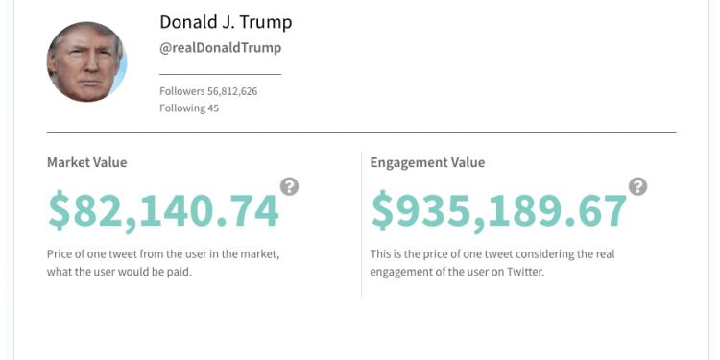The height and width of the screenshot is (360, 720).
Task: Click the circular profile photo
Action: [86, 61]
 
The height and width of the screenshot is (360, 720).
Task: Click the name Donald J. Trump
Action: [226, 21]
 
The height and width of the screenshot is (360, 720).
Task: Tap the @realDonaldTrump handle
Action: [220, 48]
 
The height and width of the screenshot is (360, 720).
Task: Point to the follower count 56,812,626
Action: [232, 91]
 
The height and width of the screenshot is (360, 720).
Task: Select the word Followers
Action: [182, 91]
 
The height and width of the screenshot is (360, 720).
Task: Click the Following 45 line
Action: [189, 108]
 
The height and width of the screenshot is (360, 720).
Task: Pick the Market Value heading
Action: [86, 162]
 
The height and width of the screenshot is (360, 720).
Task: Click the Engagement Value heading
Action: [427, 162]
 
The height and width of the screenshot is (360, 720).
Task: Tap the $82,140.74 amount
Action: [163, 211]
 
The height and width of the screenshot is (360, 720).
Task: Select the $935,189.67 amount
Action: [498, 211]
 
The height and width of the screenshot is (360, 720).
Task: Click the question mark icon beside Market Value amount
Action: [289, 186]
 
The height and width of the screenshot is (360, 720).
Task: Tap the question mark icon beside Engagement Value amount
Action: [637, 186]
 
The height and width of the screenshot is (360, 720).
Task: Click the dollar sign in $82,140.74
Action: [60, 211]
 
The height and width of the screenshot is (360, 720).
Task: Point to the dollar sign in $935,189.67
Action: [383, 211]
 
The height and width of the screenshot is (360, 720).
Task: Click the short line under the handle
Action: [220, 74]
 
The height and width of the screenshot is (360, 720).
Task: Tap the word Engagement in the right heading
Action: [407, 162]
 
